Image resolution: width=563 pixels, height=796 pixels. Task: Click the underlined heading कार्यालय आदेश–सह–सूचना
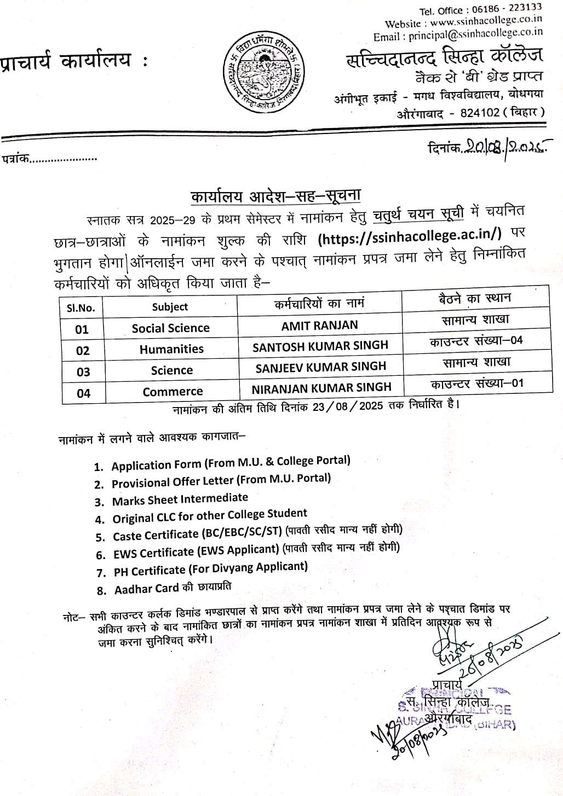pyautogui.click(x=275, y=196)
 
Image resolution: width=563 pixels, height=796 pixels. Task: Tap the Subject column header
pyautogui.click(x=170, y=307)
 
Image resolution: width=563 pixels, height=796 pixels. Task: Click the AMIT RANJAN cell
pyautogui.click(x=319, y=326)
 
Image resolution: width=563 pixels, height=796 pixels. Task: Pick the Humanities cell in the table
pyautogui.click(x=171, y=349)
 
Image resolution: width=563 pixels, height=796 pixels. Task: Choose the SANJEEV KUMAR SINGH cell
pyautogui.click(x=320, y=367)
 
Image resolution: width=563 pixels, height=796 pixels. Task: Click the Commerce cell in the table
pyautogui.click(x=173, y=392)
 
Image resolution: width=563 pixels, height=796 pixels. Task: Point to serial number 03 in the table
pyautogui.click(x=83, y=372)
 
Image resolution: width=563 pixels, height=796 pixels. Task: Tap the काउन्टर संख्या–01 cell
pyautogui.click(x=476, y=383)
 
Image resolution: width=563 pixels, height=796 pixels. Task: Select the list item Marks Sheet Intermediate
pyautogui.click(x=180, y=499)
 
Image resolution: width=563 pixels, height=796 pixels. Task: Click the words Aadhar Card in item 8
pyautogui.click(x=146, y=589)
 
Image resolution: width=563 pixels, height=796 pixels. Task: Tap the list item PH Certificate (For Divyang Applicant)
pyautogui.click(x=210, y=569)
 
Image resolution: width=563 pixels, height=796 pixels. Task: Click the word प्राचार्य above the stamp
pyautogui.click(x=447, y=684)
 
